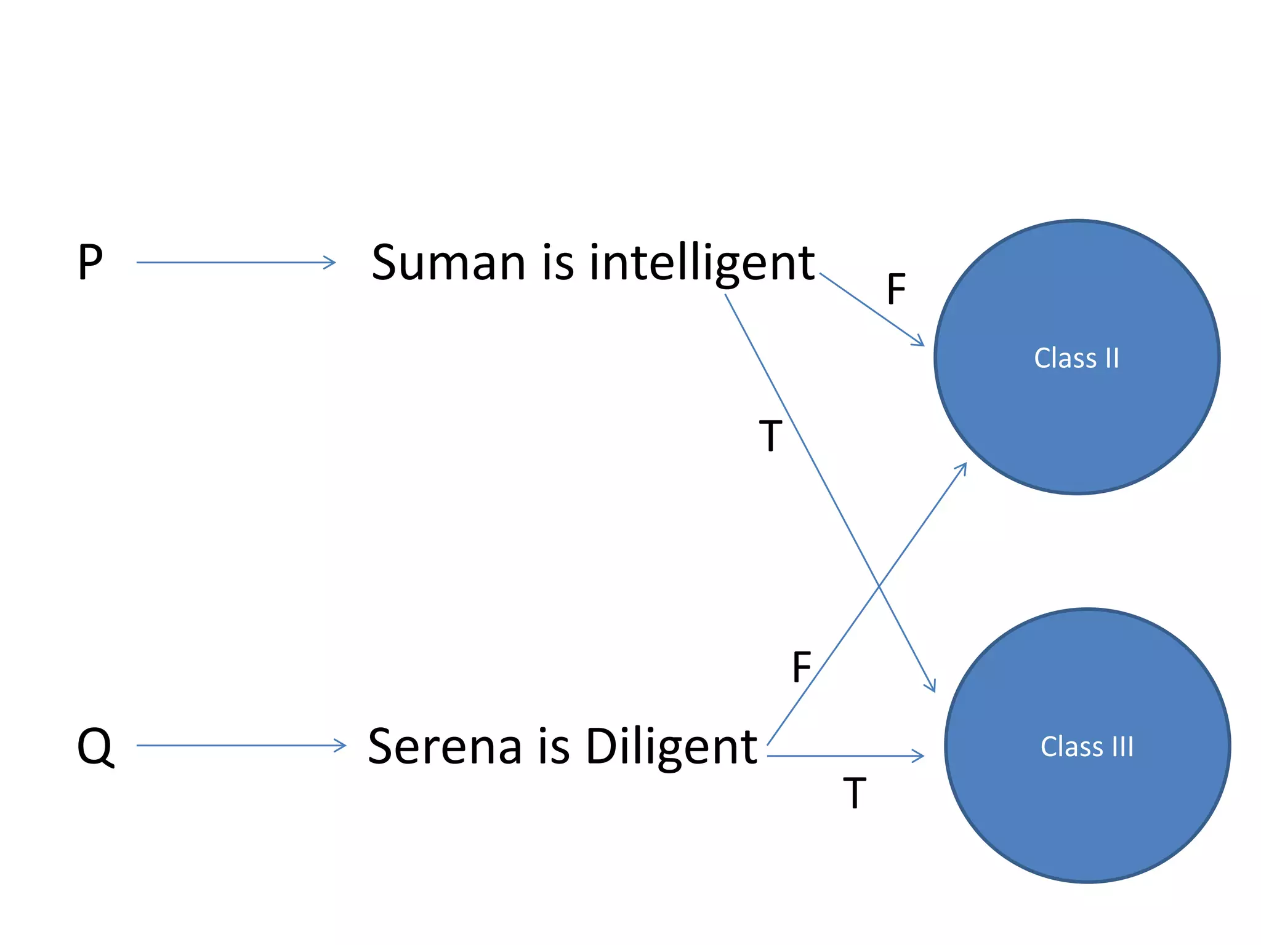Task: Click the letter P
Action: (x=90, y=263)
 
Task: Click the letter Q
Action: (x=95, y=746)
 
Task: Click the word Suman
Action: (x=448, y=263)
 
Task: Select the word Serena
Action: (x=445, y=747)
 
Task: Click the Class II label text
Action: (x=1076, y=358)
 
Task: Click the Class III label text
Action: (x=1087, y=747)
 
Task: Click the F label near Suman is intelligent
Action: (x=896, y=289)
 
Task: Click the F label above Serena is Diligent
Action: (x=802, y=667)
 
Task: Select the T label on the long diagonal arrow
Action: (x=770, y=436)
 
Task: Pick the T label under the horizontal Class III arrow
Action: (x=855, y=793)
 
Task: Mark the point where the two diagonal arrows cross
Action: (x=879, y=588)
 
